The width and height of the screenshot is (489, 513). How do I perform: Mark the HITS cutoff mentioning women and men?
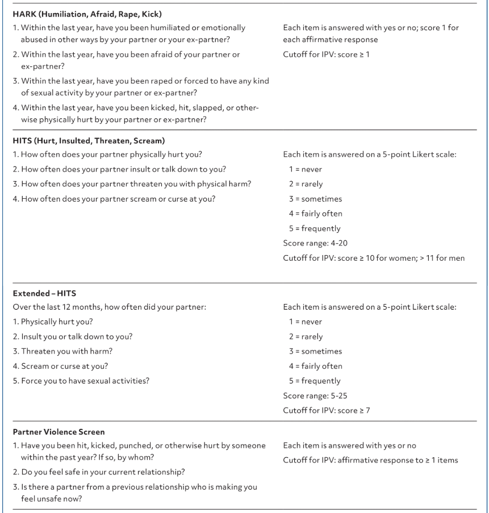click(x=373, y=258)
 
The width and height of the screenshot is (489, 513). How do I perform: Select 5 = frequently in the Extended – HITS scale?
click(x=315, y=381)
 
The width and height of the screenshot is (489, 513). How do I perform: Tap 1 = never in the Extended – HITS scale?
click(x=306, y=322)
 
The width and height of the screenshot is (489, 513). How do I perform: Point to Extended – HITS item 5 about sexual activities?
click(x=81, y=381)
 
